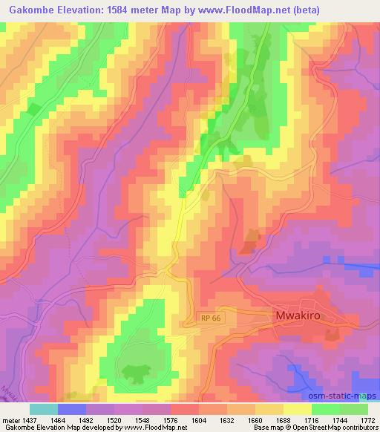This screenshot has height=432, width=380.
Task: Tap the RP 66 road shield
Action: click(211, 318)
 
